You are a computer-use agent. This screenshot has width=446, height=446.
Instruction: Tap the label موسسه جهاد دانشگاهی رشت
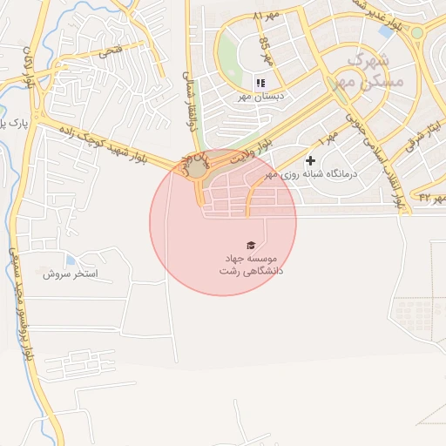point(250,265)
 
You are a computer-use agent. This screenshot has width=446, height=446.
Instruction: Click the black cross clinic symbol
point(310,161)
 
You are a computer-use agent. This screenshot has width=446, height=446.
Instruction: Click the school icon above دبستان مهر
point(260,83)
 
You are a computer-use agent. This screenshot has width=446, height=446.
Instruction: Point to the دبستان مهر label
point(258,97)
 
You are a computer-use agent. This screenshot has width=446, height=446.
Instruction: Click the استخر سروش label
point(71,274)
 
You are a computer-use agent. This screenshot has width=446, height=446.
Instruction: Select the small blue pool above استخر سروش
point(70,260)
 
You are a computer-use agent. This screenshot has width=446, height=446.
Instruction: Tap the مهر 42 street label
point(431,199)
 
